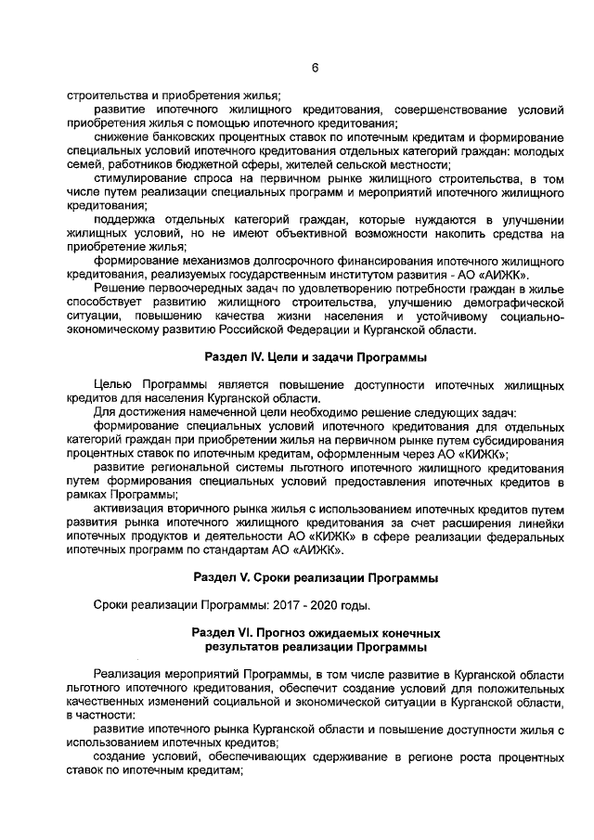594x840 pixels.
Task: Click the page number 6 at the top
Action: pyautogui.click(x=315, y=68)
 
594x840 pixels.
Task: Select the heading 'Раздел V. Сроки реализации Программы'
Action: pyautogui.click(x=315, y=576)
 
